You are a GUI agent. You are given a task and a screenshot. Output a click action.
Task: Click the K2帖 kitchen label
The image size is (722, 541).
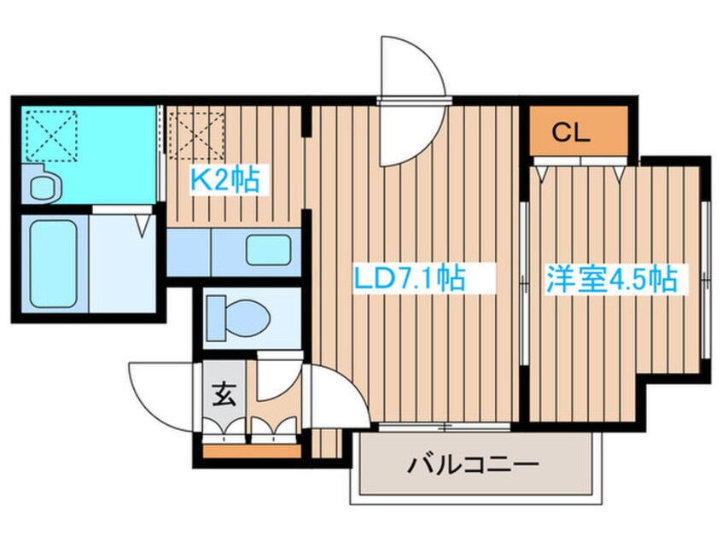click(x=225, y=179)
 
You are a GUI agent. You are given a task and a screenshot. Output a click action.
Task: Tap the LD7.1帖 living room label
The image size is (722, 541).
click(x=409, y=277)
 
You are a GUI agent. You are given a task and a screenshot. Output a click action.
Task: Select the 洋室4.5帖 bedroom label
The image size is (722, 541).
click(x=612, y=277)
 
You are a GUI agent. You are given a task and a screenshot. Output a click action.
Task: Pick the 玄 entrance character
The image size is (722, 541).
click(x=224, y=394)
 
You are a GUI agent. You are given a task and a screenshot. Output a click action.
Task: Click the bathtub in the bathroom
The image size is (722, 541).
click(x=54, y=264)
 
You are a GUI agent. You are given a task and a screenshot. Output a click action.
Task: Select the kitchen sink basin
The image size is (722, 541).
click(x=268, y=251)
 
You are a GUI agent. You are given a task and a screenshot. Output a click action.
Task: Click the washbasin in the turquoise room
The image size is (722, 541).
click(x=44, y=185)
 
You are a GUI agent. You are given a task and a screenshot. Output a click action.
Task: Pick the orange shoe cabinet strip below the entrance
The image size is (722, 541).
click(x=252, y=451)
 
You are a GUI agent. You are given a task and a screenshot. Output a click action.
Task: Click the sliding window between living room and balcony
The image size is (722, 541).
click(x=445, y=428)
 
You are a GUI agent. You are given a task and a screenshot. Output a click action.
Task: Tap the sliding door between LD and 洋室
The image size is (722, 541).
click(x=524, y=282)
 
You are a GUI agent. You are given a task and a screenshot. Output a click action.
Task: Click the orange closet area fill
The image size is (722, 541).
click(x=579, y=131)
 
